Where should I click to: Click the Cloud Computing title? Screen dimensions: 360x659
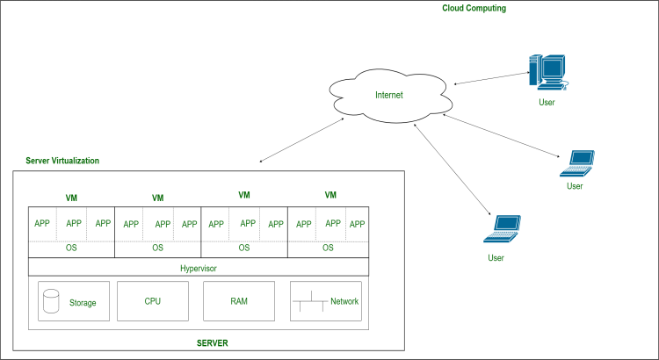click(x=474, y=8)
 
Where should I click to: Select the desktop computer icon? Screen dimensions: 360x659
click(x=547, y=73)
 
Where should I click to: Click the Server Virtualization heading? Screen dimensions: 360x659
click(x=62, y=162)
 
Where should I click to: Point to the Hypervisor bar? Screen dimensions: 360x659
click(x=199, y=267)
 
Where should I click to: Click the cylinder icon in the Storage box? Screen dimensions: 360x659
click(x=51, y=302)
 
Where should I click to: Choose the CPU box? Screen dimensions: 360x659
click(x=153, y=301)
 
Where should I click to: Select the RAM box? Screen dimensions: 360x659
click(x=239, y=301)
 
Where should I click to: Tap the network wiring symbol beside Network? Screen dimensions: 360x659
click(x=310, y=303)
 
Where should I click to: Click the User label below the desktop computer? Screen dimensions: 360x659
click(x=547, y=103)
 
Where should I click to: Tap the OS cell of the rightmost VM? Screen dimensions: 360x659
click(x=328, y=248)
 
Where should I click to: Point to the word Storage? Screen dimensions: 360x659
click(x=83, y=303)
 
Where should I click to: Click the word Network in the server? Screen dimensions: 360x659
click(x=344, y=301)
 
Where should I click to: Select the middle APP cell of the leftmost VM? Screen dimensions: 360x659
click(x=73, y=224)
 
